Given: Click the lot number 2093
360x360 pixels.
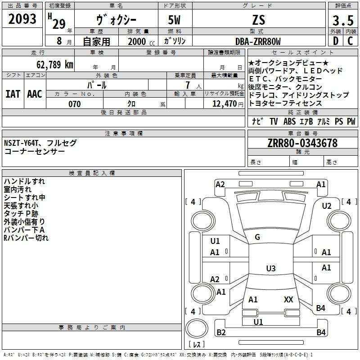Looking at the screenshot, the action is tap(22, 19).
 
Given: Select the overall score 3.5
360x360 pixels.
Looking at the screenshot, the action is tap(343, 20).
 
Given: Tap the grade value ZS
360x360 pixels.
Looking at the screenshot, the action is tap(259, 20).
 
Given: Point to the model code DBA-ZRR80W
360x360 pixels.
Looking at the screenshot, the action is tap(258, 41).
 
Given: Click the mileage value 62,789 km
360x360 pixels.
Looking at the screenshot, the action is tap(55, 64).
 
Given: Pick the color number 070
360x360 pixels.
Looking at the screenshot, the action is tap(75, 104).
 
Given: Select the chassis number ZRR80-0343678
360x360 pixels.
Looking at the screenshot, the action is tap(302, 143).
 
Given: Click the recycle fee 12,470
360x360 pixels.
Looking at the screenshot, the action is tap(225, 104).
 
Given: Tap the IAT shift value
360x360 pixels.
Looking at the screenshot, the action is tap(13, 94).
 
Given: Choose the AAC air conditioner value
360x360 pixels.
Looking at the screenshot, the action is tap(35, 94).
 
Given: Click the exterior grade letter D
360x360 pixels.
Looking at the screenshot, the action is tap(336, 41).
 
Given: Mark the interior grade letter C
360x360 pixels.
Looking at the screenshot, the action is tap(350, 41).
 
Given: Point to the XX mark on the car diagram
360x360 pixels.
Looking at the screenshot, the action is tap(288, 299).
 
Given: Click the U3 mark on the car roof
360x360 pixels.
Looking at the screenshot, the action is tap(271, 268).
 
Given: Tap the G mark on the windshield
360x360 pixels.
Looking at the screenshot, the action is tap(257, 237).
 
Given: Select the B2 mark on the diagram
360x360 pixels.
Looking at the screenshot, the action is tap(221, 332).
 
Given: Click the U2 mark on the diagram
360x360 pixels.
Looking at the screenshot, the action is tap(327, 206).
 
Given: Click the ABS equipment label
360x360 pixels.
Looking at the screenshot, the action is tap(289, 121).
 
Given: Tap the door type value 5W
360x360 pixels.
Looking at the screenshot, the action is tap(174, 20).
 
